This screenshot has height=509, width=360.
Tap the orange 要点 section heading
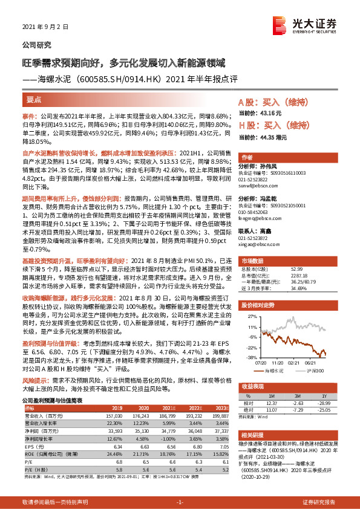(34, 99)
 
